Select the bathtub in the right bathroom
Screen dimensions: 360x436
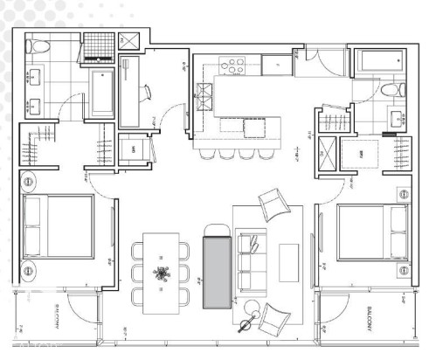(x=378, y=63)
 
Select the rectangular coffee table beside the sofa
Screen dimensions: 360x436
(x=289, y=259)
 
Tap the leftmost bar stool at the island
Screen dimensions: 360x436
(x=207, y=154)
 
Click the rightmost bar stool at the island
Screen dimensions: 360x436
(x=262, y=154)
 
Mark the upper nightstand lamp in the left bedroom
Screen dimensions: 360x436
(x=29, y=183)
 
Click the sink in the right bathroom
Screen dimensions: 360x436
(x=398, y=119)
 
